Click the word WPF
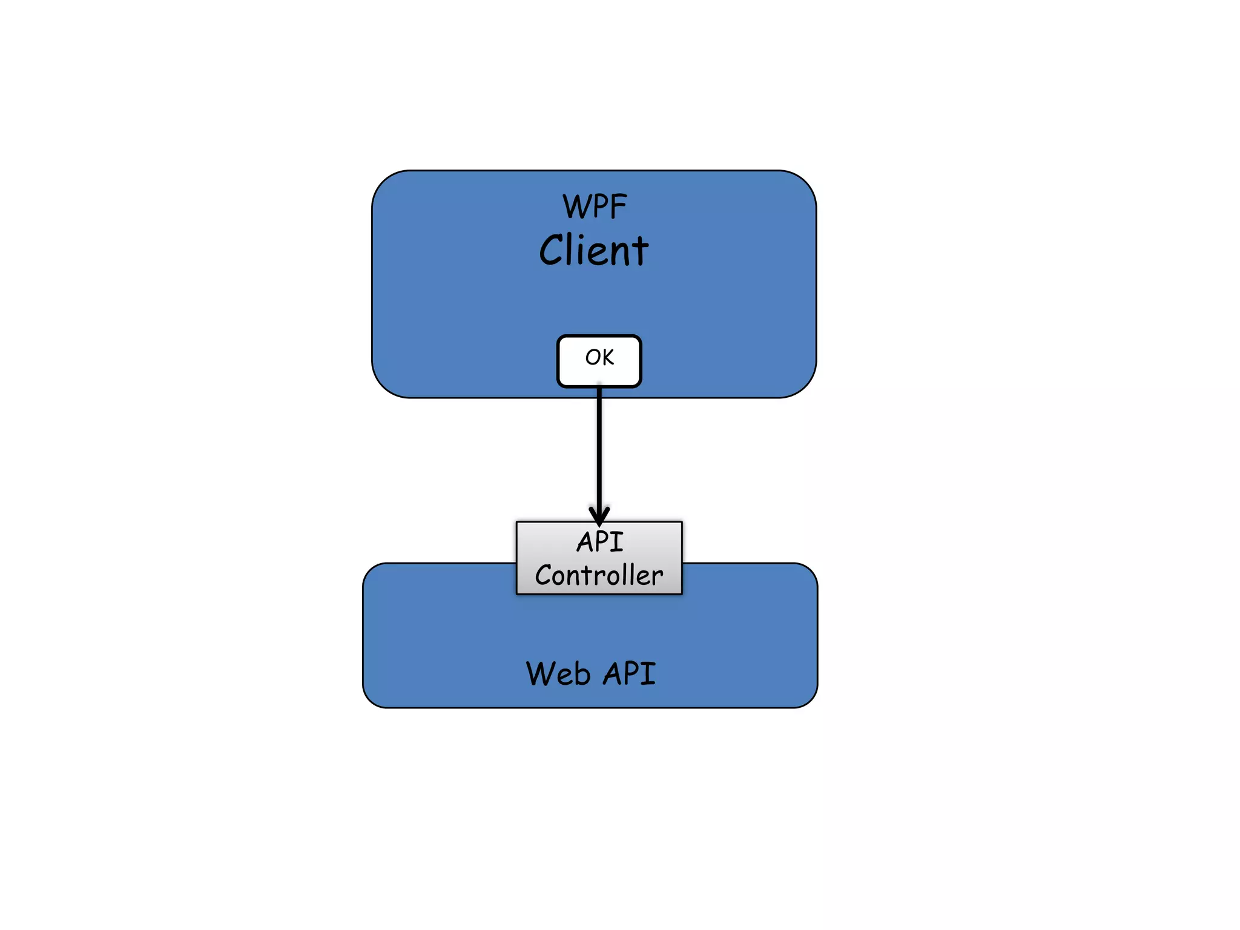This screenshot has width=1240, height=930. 595,207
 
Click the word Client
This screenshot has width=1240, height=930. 593,251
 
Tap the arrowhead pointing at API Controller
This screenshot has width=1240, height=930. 599,516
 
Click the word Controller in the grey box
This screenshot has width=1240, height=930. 599,575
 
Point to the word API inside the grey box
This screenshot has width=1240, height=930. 599,542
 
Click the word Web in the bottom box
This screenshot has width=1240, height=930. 558,674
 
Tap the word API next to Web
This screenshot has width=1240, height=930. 630,674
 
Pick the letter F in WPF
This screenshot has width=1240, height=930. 618,207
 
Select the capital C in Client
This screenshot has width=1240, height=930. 552,251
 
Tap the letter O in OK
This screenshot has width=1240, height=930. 592,357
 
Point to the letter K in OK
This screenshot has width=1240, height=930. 607,357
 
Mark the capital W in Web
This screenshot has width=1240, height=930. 541,674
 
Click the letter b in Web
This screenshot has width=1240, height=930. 582,674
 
